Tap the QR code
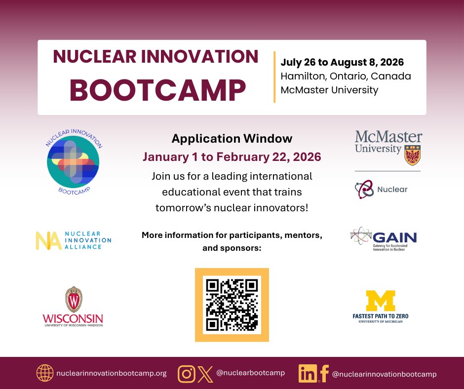(232, 305)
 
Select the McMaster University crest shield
(412, 155)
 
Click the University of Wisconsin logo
(73, 307)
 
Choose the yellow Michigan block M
(381, 301)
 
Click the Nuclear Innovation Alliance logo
(73, 240)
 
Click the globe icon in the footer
(44, 373)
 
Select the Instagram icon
(186, 373)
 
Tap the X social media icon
(204, 373)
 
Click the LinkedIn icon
(308, 374)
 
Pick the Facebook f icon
(324, 374)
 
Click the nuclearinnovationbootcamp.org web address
(111, 374)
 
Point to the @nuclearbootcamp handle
(250, 373)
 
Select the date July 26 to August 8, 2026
(342, 63)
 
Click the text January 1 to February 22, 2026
(232, 157)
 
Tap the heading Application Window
(232, 139)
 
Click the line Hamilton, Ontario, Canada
(346, 77)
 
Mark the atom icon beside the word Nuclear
(364, 189)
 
